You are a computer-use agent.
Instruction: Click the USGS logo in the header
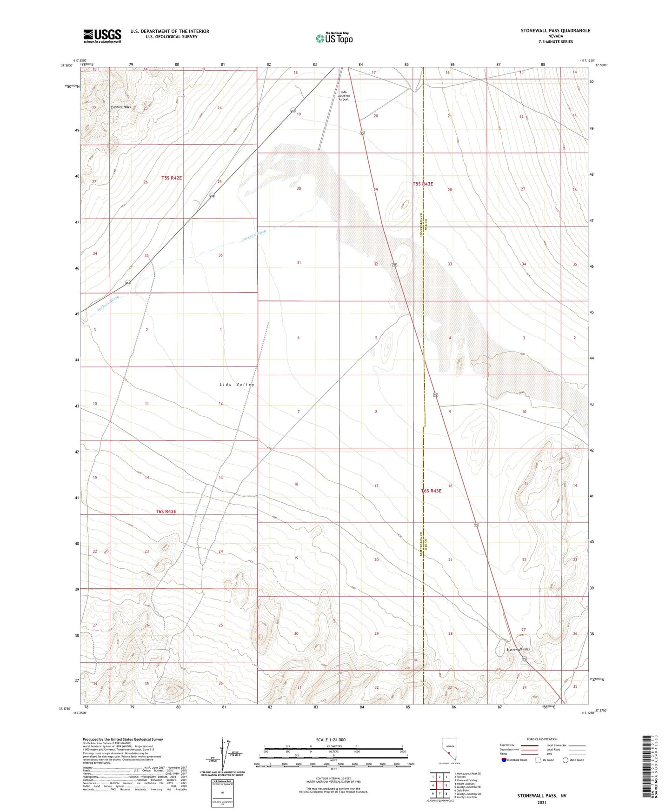102,36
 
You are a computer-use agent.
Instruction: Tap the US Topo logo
333,38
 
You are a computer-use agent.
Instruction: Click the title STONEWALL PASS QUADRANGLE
555,31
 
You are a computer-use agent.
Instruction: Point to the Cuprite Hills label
120,107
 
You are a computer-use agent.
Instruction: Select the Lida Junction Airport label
343,95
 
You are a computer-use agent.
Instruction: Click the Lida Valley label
237,385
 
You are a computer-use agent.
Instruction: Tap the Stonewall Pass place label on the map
518,649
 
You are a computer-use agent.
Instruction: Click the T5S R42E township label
172,178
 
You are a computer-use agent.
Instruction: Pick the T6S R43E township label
431,491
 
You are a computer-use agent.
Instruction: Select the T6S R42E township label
166,512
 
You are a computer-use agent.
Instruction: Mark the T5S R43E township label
423,184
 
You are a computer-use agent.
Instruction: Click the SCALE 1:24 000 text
330,740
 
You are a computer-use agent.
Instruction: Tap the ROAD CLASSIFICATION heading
542,739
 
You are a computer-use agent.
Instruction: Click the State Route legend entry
572,760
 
